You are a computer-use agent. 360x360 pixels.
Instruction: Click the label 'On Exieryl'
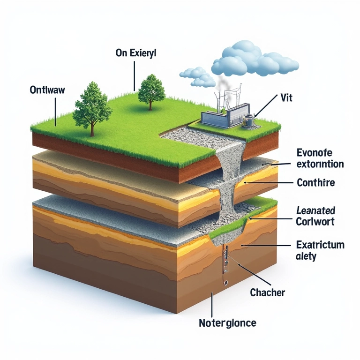135,53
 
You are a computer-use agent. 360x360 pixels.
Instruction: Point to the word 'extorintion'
321,164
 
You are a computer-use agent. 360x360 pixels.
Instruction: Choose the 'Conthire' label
316,182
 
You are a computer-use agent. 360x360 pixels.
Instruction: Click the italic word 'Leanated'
315,210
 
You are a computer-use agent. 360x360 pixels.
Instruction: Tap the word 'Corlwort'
315,221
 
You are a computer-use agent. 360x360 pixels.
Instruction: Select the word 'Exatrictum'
321,245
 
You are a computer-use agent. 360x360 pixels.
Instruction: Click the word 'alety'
307,256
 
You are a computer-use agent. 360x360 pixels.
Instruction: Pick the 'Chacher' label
268,292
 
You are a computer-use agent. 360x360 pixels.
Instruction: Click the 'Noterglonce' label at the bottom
228,323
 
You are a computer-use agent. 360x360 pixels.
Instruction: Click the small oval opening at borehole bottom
225,283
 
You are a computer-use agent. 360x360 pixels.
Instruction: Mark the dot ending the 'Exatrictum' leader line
242,245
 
